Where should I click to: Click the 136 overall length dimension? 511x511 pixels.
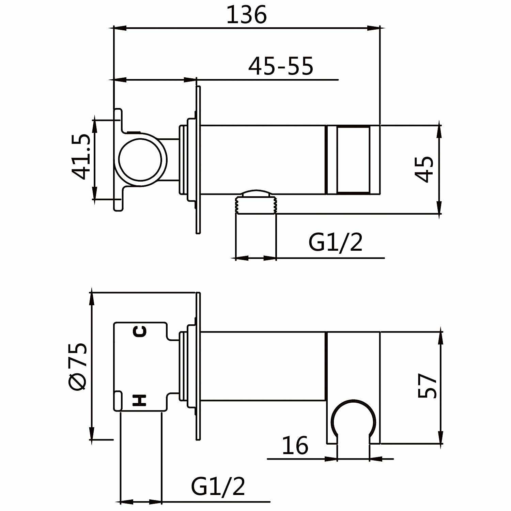click(x=246, y=15)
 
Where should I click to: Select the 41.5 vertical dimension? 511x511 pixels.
click(x=81, y=156)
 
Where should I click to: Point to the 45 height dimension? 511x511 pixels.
click(x=424, y=169)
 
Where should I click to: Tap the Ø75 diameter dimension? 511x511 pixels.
click(x=78, y=366)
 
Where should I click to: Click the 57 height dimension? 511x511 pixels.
click(x=427, y=386)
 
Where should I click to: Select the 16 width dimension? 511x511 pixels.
click(x=295, y=445)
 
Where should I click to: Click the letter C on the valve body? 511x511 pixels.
click(x=140, y=331)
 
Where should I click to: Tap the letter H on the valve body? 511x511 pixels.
click(x=140, y=400)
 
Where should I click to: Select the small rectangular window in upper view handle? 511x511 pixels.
click(x=354, y=160)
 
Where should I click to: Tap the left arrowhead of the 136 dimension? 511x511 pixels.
click(x=120, y=28)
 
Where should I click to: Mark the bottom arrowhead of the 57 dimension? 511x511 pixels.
click(x=440, y=437)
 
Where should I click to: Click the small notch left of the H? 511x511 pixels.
click(x=118, y=401)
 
